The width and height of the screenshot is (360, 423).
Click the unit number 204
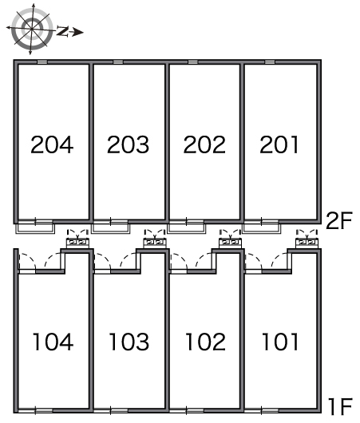coord(52,144)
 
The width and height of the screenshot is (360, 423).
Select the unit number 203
coord(128,144)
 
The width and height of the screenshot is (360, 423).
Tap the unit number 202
coord(204,144)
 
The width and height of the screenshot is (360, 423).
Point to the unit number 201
coord(279,144)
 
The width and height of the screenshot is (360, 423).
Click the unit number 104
coord(53,342)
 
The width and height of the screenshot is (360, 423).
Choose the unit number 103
coord(129,342)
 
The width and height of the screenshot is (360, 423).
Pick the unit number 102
coord(205,342)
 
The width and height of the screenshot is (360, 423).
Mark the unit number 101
coord(280,342)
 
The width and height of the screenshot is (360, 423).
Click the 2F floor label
coord(339,220)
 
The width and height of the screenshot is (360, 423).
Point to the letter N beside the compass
coord(62,31)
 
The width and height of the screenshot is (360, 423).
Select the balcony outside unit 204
coord(35,228)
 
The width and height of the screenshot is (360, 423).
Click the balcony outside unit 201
coord(262,228)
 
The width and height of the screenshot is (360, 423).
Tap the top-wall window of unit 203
coord(118,62)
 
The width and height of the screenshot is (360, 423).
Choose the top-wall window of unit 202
coord(192,62)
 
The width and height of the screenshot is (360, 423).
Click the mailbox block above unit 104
coord(77,243)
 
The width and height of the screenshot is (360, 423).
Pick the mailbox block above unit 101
coord(307,243)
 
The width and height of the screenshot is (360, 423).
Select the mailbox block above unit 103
coord(154,243)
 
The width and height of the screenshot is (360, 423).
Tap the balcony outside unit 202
coord(187,228)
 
